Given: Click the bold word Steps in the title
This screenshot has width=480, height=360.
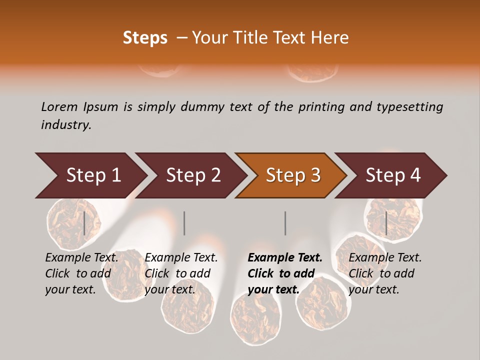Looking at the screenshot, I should pos(145,38).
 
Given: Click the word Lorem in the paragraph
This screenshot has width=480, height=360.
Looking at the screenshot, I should pos(59,107).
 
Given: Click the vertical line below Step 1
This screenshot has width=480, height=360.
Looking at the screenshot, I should pos(84,223).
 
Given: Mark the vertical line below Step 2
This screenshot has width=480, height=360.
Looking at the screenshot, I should pos(184,223).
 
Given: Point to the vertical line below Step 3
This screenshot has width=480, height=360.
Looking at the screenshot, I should pos(285,223).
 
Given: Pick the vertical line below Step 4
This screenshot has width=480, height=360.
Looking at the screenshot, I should pos(386,223).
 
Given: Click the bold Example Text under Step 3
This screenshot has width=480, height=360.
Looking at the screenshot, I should pos(285,258).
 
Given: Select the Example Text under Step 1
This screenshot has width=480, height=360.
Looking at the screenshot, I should pos(81,258).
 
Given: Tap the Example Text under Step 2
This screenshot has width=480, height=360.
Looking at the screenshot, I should pos(181,258).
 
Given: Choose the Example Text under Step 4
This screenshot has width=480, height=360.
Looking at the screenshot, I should pos(385,258).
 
